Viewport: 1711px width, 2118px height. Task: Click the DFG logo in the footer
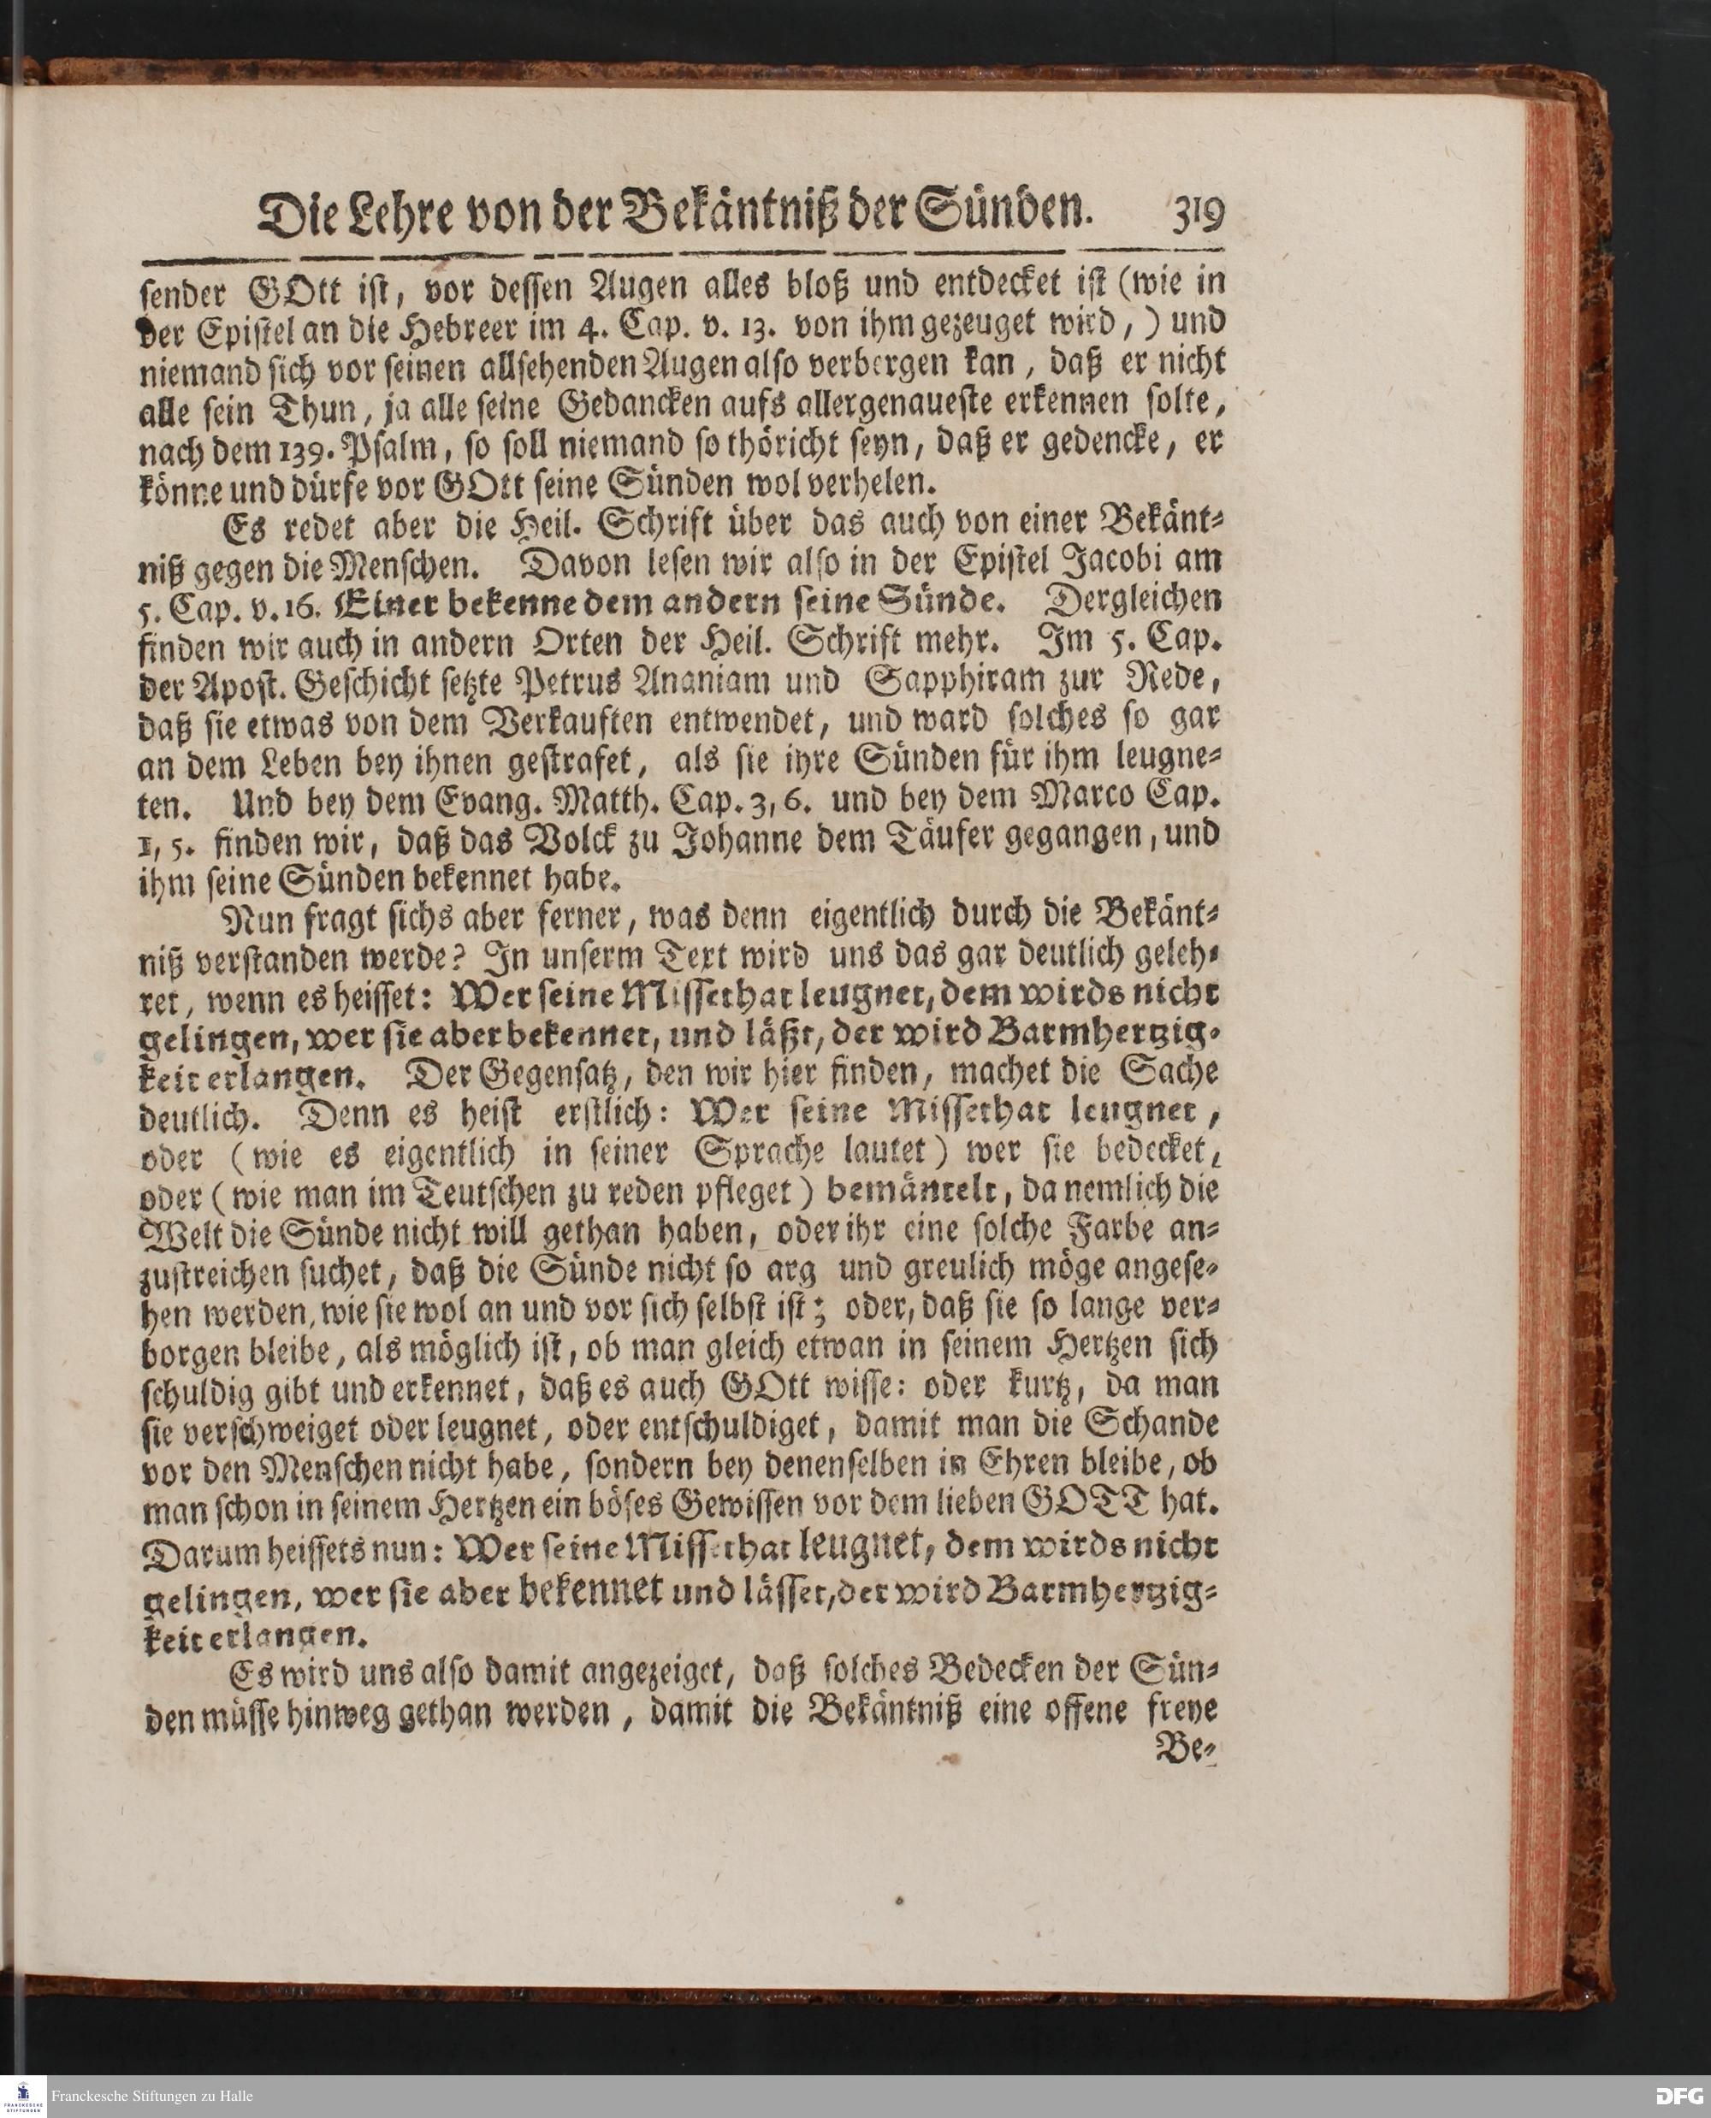tap(1679, 2097)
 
